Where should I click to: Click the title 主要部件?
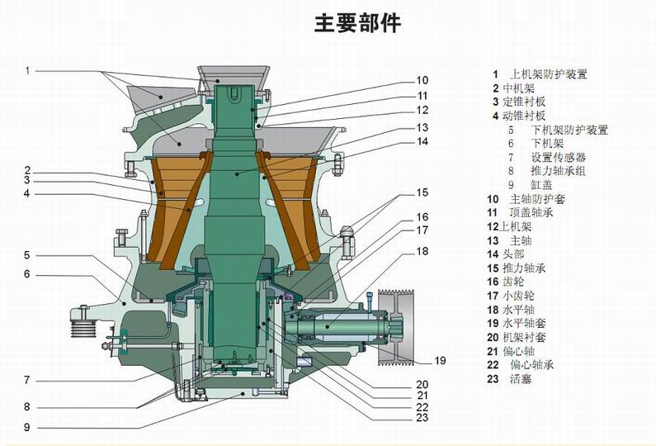tap(356, 24)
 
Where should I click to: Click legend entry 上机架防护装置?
tap(549, 74)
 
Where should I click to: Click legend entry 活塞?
tap(519, 379)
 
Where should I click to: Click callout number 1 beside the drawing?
tap(27, 70)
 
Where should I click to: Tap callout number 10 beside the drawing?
tap(422, 80)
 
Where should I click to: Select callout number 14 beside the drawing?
tap(422, 141)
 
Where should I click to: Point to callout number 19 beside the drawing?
tap(439, 360)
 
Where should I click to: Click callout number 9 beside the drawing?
tap(27, 427)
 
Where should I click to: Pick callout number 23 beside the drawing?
tap(422, 418)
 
